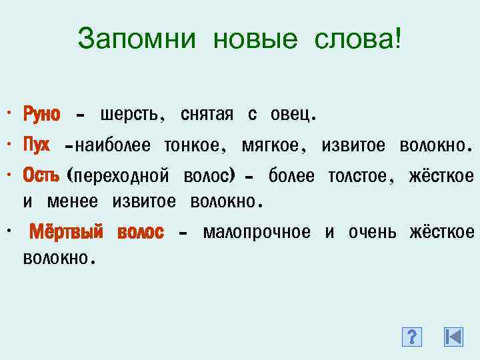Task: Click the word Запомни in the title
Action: (136, 39)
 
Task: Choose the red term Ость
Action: (41, 175)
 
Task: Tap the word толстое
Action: (357, 175)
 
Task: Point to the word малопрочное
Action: (257, 232)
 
